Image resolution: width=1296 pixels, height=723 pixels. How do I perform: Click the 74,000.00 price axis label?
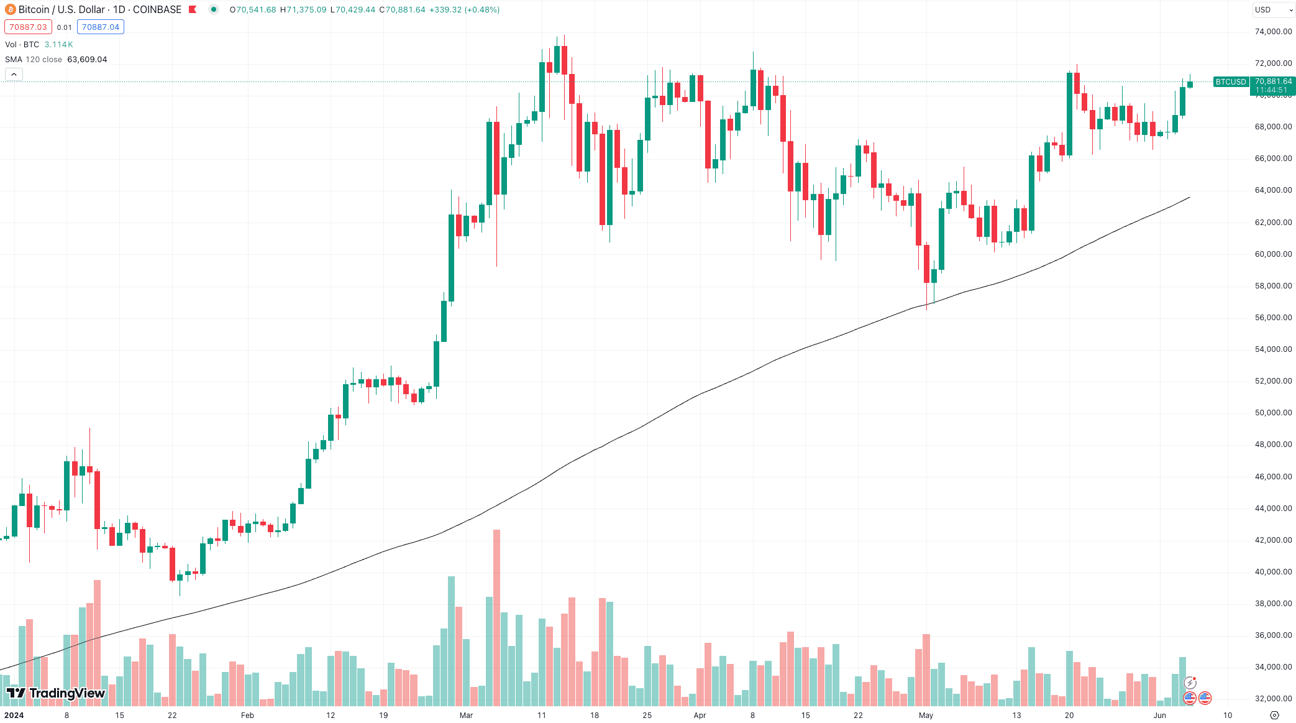1273,32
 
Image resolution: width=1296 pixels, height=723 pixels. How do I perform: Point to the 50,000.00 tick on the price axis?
1273,413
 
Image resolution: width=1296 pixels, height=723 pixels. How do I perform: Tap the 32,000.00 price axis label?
1273,699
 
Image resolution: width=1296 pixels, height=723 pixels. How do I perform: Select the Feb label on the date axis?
247,716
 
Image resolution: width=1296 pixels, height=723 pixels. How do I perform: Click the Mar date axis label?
466,716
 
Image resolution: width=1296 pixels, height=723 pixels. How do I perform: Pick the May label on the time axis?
926,716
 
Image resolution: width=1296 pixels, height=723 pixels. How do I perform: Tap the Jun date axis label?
1159,716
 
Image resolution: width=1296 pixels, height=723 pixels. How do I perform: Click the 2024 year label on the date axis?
14,716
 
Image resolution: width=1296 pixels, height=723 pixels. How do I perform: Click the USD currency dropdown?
1272,10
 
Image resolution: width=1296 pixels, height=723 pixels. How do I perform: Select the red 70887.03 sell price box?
28,27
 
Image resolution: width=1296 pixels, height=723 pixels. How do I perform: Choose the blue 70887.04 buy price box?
101,27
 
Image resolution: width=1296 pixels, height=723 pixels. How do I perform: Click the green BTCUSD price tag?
1230,82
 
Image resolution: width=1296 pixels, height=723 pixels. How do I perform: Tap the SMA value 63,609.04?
87,60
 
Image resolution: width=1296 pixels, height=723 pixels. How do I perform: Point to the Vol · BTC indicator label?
22,45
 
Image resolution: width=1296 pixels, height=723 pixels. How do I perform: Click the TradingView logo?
56,693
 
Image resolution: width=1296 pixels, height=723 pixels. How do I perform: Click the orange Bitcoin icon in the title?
11,10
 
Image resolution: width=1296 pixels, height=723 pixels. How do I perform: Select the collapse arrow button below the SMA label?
14,75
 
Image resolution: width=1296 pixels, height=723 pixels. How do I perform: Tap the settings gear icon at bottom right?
1274,716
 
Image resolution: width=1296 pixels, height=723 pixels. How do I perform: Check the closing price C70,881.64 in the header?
402,10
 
